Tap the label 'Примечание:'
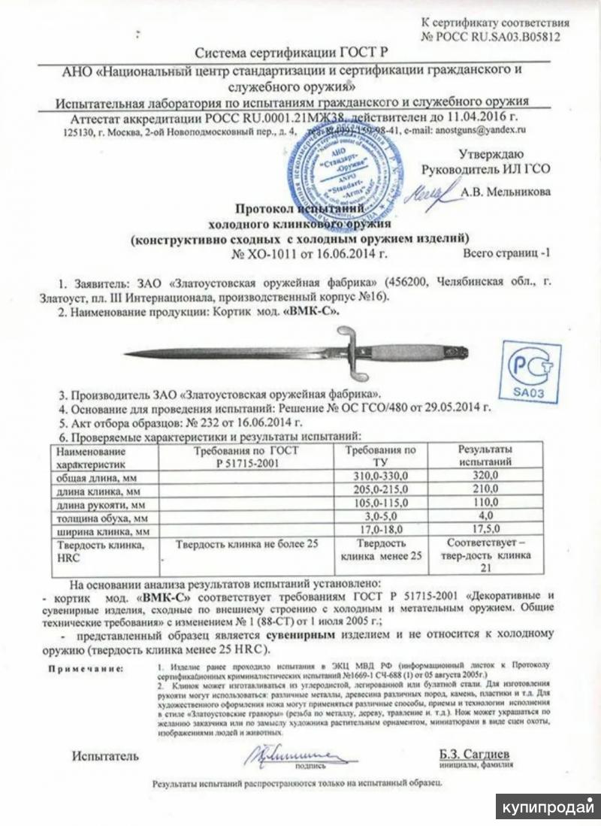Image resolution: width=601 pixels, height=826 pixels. coord(83,668)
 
